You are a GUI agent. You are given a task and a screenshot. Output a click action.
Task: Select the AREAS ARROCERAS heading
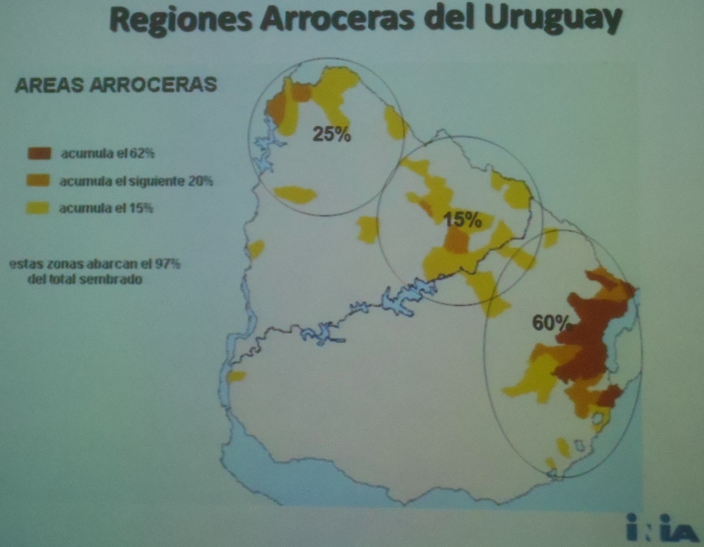click(x=115, y=86)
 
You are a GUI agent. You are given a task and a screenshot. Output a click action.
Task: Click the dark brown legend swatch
click(x=39, y=154)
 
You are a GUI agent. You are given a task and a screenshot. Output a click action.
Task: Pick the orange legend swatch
click(x=39, y=180)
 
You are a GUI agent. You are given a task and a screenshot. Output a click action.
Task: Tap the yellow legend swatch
click(x=39, y=208)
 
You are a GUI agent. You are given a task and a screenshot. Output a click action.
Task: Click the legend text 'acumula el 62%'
click(x=107, y=155)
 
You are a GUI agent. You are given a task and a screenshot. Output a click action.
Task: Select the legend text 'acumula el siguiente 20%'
click(x=136, y=181)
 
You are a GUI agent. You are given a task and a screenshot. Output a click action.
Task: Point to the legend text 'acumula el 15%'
click(x=106, y=209)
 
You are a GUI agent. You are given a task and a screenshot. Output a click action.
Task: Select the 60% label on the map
click(x=551, y=323)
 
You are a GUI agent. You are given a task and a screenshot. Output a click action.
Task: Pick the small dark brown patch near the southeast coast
click(x=610, y=396)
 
